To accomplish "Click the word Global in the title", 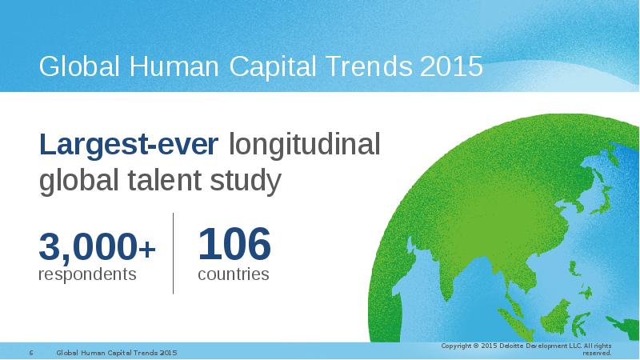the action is [x=79, y=66].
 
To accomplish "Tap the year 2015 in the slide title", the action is [x=451, y=66].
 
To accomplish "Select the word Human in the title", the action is [x=174, y=66].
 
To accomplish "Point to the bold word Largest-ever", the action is [x=129, y=144].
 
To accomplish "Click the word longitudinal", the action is [x=305, y=144].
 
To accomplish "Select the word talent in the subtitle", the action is [x=165, y=180].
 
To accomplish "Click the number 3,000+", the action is [x=97, y=246].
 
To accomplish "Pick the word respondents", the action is [x=87, y=274].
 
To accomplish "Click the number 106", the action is [x=234, y=244].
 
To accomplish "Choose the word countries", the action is [x=234, y=274].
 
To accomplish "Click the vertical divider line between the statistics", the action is [x=173, y=254].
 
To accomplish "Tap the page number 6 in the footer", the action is [x=31, y=353].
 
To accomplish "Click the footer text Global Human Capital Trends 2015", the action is [x=117, y=353].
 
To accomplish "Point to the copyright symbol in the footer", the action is [x=475, y=346].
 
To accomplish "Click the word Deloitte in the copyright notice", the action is [x=510, y=346].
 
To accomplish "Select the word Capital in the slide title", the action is [x=273, y=66].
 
